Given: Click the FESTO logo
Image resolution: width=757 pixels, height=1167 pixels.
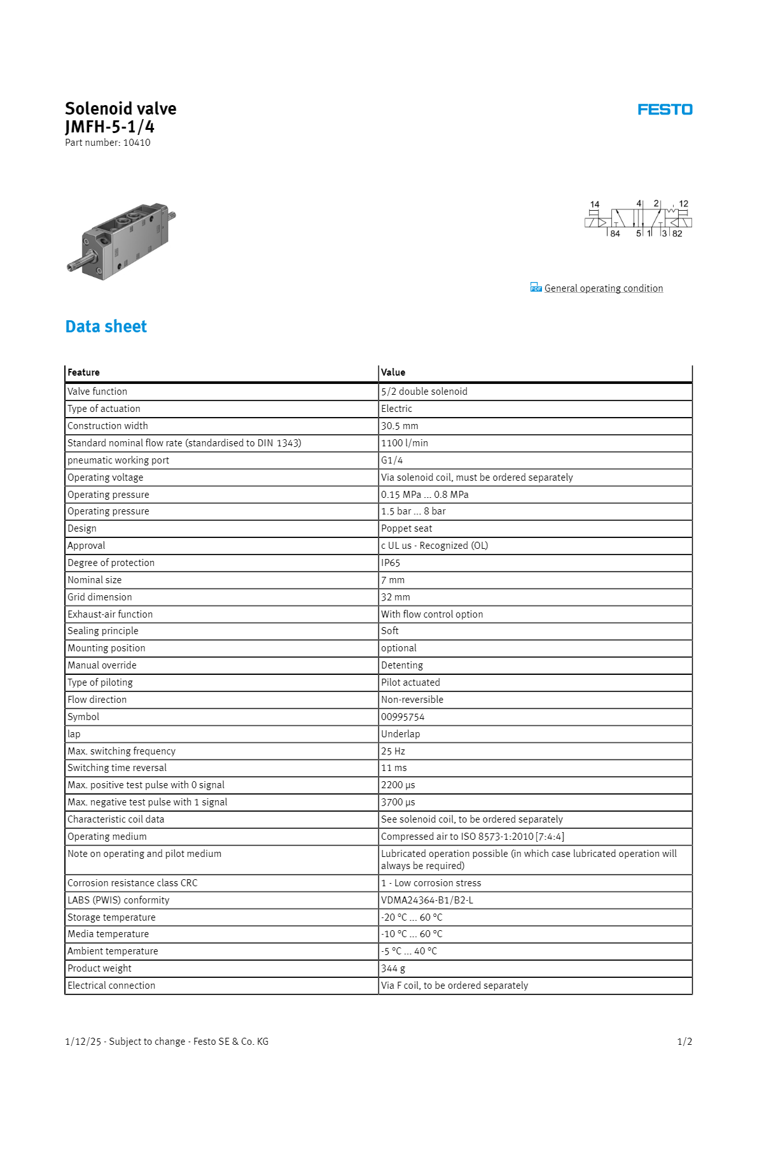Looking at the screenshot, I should coord(665,110).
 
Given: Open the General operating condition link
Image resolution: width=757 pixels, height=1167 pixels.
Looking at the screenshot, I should coord(603,288).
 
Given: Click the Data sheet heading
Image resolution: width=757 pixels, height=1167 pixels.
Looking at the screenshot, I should coord(106,327).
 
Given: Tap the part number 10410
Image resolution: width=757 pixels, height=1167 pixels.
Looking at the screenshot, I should coord(137,143).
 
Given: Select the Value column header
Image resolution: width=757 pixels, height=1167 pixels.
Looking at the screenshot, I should coord(393,372).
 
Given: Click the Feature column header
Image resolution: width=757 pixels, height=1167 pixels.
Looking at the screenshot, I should coord(83,372).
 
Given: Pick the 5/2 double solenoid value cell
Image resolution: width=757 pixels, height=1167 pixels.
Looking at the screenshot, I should coord(424,392).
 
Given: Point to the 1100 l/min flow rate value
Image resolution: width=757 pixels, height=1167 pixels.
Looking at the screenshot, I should coord(405,443).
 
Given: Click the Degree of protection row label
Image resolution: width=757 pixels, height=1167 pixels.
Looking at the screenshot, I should coord(111,563).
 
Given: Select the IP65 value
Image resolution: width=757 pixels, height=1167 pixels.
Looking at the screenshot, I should coord(391,563).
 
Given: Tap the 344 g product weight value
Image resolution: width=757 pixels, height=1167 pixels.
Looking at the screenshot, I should coord(393,968).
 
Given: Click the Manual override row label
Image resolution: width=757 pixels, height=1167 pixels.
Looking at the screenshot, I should coord(102,665).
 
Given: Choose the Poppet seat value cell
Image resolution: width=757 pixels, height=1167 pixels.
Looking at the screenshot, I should coord(406,528).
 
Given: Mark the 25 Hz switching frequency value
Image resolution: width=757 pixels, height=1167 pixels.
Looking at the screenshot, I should coord(393,751).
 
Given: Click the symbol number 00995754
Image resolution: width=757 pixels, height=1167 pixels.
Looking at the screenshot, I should coord(403,717).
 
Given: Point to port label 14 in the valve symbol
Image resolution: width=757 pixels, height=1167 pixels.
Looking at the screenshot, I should coord(595,204).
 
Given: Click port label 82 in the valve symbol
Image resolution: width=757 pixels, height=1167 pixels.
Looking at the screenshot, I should coord(677,234).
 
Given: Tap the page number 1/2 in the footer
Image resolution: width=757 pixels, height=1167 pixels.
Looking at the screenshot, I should coord(684,1042).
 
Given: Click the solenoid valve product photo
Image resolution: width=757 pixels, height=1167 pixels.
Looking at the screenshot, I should coord(122,241).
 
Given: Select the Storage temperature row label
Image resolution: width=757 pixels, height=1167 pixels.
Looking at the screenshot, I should coord(111,917).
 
